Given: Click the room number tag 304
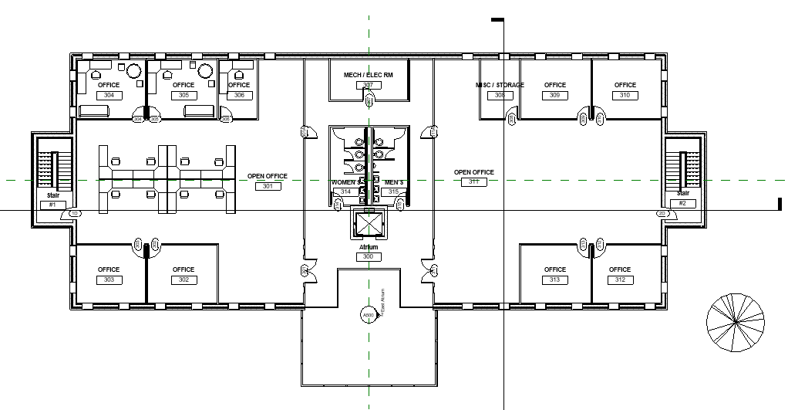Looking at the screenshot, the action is pos(109,95).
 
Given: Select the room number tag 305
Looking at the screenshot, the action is pos(184,95).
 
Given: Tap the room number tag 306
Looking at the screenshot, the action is pos(239,95).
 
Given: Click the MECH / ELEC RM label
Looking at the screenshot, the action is pos(368,75).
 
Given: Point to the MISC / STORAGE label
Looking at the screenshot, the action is pos(500,85).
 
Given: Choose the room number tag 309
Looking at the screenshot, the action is pos(555,95).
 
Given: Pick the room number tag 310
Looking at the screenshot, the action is pos(625,95).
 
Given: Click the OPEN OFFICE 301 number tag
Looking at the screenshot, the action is pos(268,186).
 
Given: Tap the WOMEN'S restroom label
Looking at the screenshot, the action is pos(345,182).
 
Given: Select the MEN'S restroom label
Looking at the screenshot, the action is pos(394,182).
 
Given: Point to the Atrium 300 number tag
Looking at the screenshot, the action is pos(368,256).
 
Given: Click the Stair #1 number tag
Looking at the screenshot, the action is pos(52,205).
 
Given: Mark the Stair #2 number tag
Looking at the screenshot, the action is pos(682,203).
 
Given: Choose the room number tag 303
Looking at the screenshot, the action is pos(109,280).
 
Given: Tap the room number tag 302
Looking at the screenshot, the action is pos(184,280).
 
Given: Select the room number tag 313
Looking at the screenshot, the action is pos(555,280).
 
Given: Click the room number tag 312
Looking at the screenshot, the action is pos(620,280).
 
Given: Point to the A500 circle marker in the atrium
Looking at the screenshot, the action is pos(369,315).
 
